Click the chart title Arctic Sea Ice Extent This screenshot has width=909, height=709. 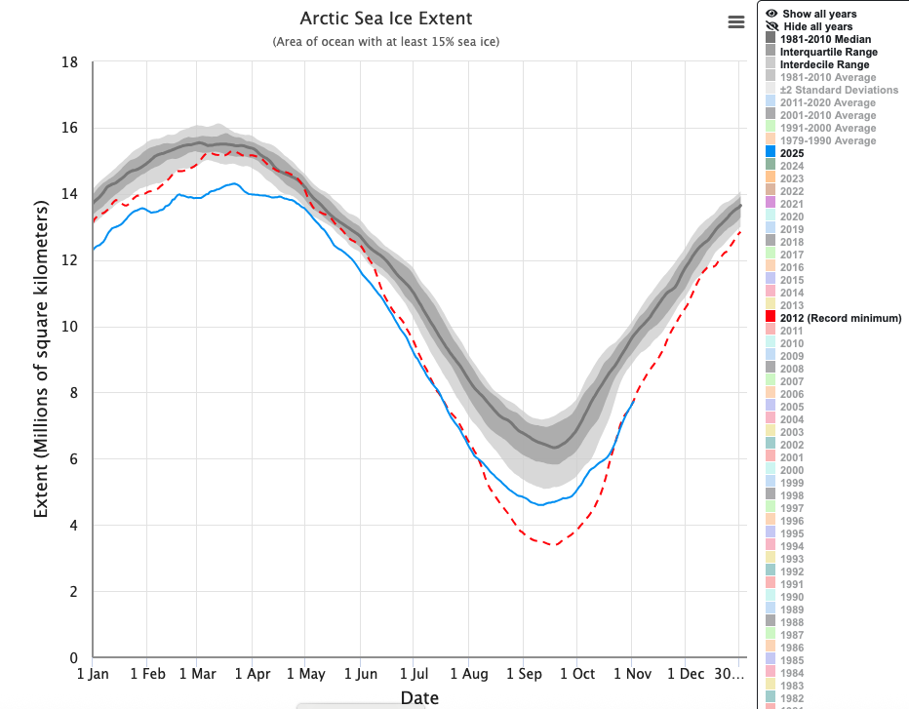pos(386,19)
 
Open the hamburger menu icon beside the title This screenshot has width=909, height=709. pos(736,22)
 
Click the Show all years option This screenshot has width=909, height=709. pos(818,14)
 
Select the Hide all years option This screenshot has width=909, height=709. pos(817,26)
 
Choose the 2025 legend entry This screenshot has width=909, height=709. pos(792,153)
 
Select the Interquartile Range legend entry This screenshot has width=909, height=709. pos(828,52)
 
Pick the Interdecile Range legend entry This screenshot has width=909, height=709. pos(825,64)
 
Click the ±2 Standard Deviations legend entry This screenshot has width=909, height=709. pos(828,90)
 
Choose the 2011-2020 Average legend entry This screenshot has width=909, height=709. pos(828,102)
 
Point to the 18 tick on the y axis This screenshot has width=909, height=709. pos(69,62)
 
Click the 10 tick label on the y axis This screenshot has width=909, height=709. pos(69,327)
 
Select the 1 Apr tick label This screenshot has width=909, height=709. pos(252,674)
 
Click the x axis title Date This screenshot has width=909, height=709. pos(419,697)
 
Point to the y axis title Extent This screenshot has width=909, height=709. pos(41,360)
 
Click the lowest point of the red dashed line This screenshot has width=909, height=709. pos(555,544)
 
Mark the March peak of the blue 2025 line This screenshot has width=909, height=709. pos(233,183)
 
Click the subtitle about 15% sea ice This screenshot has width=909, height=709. pos(386,42)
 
